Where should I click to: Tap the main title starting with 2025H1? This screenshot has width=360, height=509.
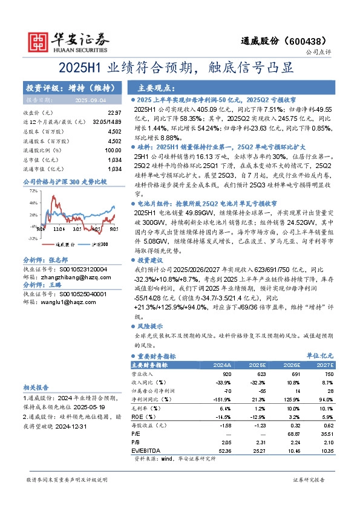180,67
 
